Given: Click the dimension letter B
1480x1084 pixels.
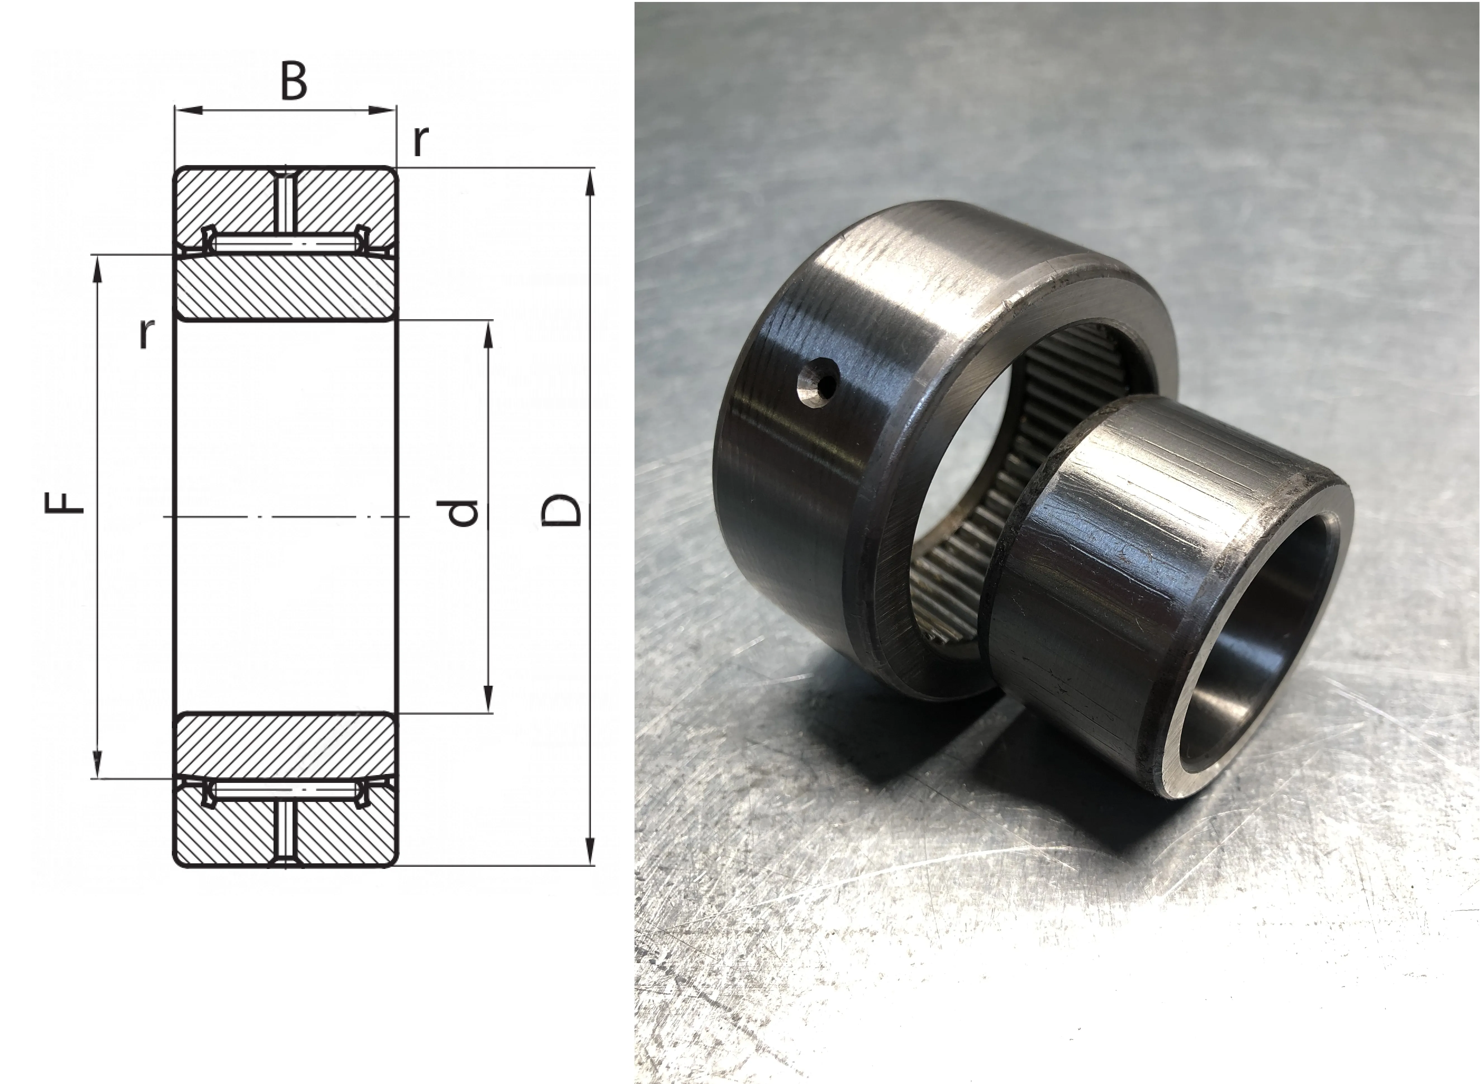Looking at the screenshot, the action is pyautogui.click(x=293, y=82).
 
